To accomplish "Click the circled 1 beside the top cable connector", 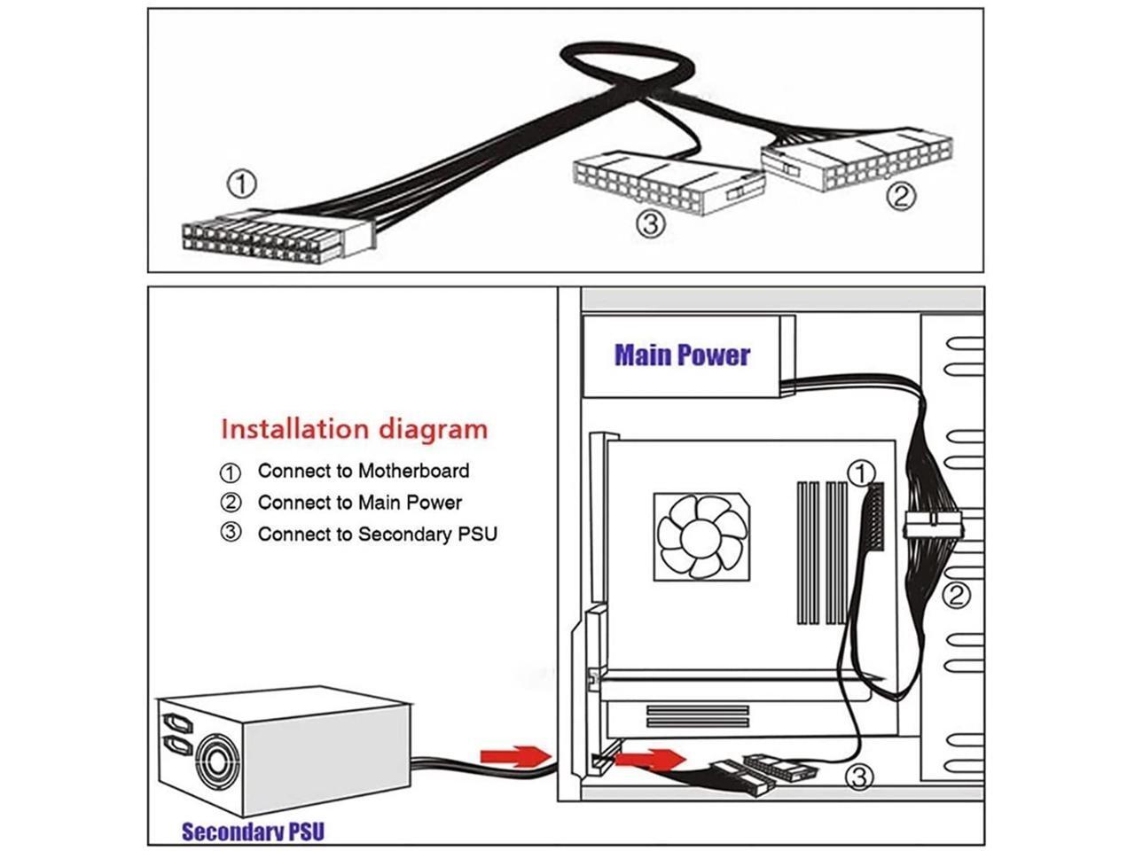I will [x=241, y=185].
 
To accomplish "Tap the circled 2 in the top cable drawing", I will [x=900, y=196].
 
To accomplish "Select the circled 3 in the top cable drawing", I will [x=650, y=225].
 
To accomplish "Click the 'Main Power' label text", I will [x=682, y=355].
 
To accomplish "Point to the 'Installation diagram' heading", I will [x=354, y=429].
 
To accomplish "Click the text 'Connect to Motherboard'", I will [x=364, y=471].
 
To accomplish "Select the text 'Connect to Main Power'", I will [x=359, y=503].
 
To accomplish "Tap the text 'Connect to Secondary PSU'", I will [x=377, y=534].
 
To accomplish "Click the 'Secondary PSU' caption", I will [x=253, y=831].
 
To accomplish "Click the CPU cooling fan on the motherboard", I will [x=701, y=537].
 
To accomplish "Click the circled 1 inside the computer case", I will [x=860, y=473].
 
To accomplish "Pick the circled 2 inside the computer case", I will [x=956, y=595].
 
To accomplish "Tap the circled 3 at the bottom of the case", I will [x=858, y=778].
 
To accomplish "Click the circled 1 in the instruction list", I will [x=231, y=472].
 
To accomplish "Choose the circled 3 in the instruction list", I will [x=231, y=534].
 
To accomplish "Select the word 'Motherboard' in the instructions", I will [x=413, y=471].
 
